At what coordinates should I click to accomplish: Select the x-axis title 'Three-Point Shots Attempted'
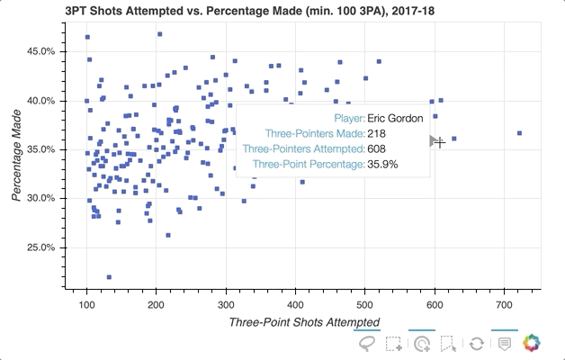point(304,322)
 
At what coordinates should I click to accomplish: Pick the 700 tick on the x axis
point(506,305)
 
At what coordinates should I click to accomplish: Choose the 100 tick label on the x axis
point(87,305)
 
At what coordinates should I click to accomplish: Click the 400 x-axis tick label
point(296,305)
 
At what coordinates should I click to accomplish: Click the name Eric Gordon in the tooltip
point(395,118)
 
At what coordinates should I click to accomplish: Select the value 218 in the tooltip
point(376,133)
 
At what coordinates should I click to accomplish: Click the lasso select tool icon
point(367,344)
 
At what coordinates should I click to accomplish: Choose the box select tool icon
point(394,344)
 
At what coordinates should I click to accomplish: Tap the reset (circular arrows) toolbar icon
point(477,344)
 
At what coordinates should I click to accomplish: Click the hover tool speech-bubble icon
point(505,344)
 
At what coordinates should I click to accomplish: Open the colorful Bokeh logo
point(533,344)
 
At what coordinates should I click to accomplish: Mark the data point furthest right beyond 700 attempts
point(519,133)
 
